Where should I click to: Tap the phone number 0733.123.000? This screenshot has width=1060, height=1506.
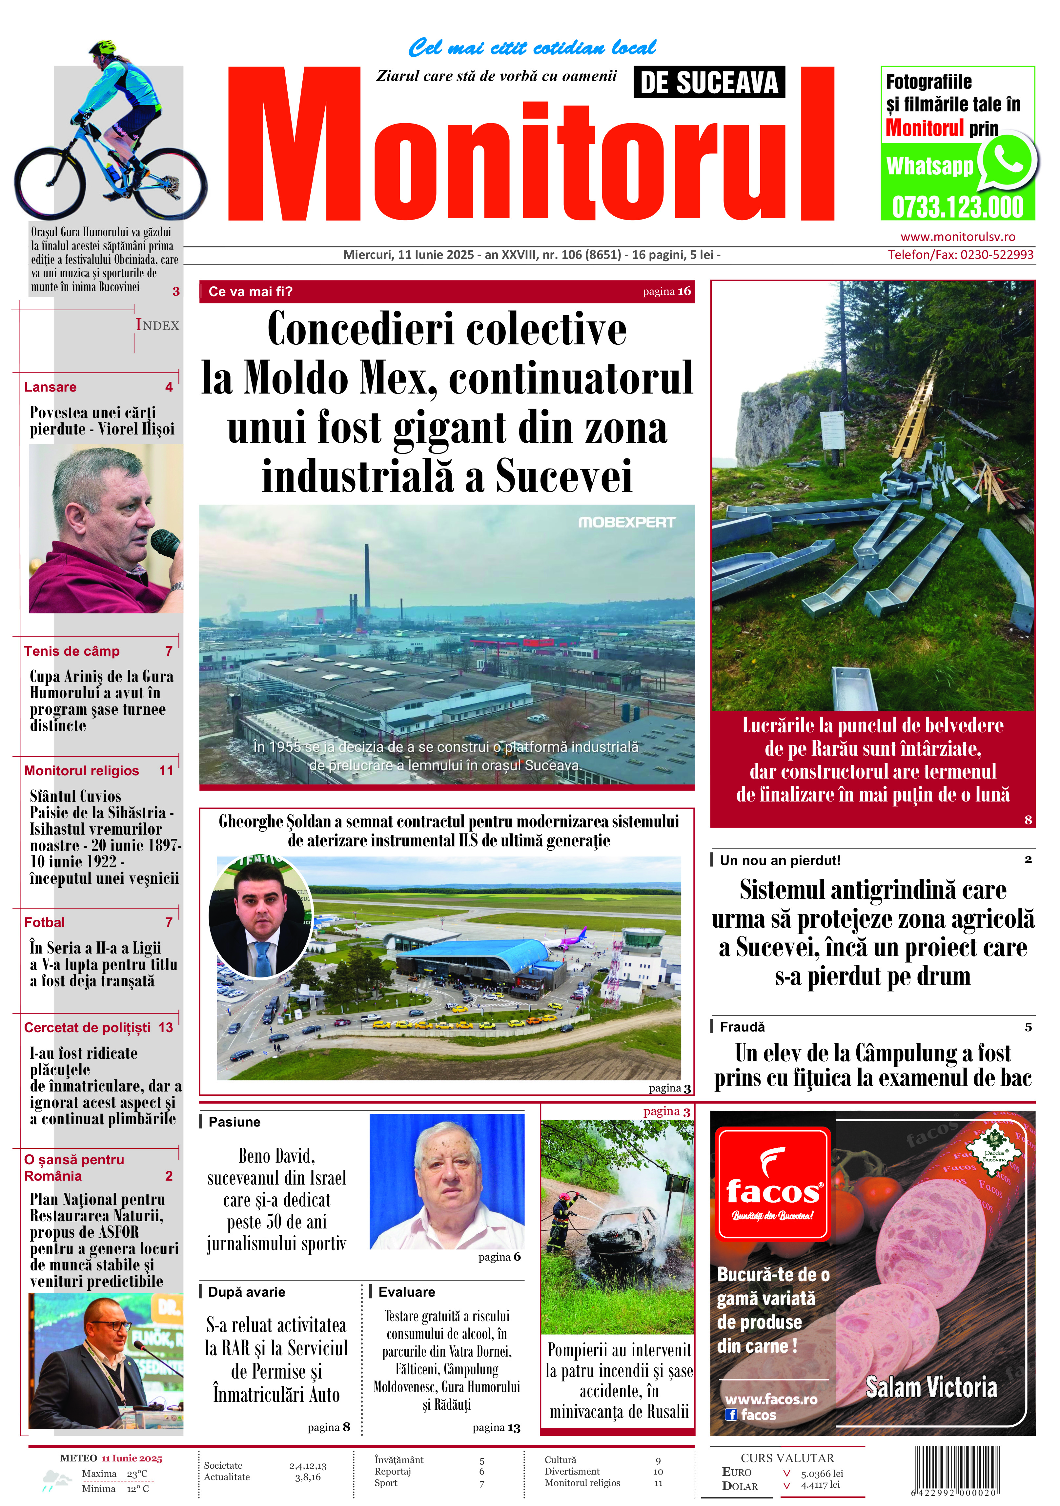(x=958, y=207)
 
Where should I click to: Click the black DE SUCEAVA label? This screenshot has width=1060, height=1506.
(x=709, y=83)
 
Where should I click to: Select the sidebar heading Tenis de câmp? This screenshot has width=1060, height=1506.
(x=72, y=651)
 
